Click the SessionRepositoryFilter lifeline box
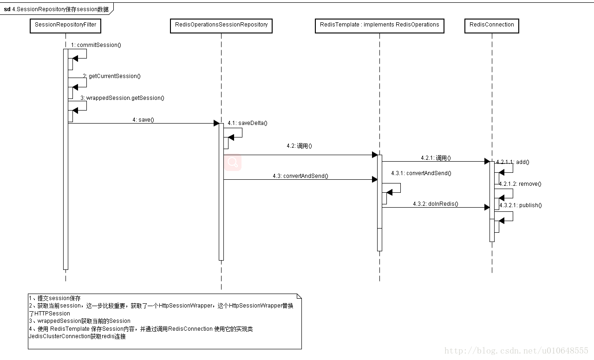pyautogui.click(x=65, y=25)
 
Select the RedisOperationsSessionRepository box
pyautogui.click(x=221, y=25)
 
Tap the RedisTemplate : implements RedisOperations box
pyautogui.click(x=379, y=25)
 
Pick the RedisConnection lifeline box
pyautogui.click(x=491, y=25)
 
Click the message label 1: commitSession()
pyautogui.click(x=96, y=45)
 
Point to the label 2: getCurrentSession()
pyautogui.click(x=112, y=76)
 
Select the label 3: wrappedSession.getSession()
pyautogui.click(x=122, y=98)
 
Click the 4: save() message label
pyautogui.click(x=143, y=119)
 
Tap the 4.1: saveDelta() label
pyautogui.click(x=248, y=123)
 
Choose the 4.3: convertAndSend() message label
pyautogui.click(x=300, y=176)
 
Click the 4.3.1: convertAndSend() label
pyautogui.click(x=421, y=173)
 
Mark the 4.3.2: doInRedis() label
pyautogui.click(x=436, y=204)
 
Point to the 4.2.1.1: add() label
pyautogui.click(x=513, y=162)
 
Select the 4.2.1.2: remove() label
pyautogui.click(x=520, y=184)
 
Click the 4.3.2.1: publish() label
pyautogui.click(x=521, y=205)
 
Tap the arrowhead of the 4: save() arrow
pyautogui.click(x=216, y=123)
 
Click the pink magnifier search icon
pyautogui.click(x=233, y=162)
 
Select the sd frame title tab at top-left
pyautogui.click(x=56, y=9)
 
